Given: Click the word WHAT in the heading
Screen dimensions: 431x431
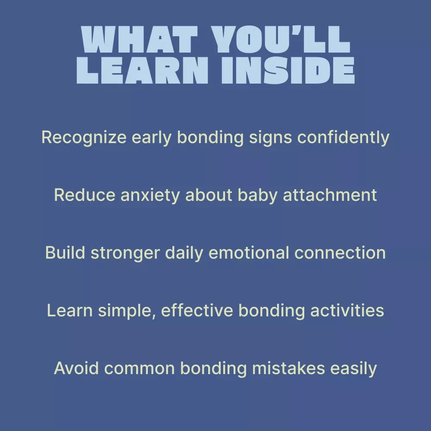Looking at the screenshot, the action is (x=139, y=39).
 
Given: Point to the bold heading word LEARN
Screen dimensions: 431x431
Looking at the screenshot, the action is (x=142, y=70).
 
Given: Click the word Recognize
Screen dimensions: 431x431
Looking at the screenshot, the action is (x=84, y=137).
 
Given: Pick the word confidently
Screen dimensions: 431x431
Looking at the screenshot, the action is (x=344, y=137).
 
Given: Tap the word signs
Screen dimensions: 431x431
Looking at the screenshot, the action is (x=270, y=137).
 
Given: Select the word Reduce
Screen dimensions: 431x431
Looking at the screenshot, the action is (x=84, y=195).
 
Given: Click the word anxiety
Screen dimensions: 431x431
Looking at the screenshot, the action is (x=150, y=196).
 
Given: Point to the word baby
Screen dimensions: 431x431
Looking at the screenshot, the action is (x=258, y=196).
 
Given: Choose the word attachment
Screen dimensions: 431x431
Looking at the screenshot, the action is (x=330, y=195).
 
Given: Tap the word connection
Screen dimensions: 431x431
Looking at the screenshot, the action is (x=340, y=253).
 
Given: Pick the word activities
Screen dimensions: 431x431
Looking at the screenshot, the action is (x=347, y=311).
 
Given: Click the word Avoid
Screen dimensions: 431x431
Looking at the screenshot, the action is (x=76, y=369).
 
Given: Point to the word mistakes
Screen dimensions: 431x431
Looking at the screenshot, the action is (x=289, y=369).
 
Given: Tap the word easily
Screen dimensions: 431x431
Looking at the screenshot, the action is (x=353, y=369).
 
